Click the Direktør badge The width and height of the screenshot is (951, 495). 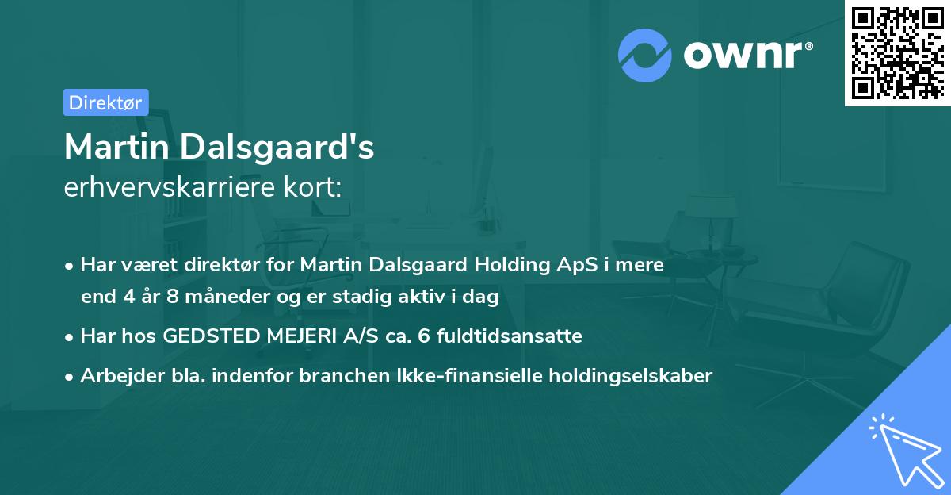[x=105, y=102]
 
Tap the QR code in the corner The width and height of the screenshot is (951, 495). [x=897, y=53]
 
